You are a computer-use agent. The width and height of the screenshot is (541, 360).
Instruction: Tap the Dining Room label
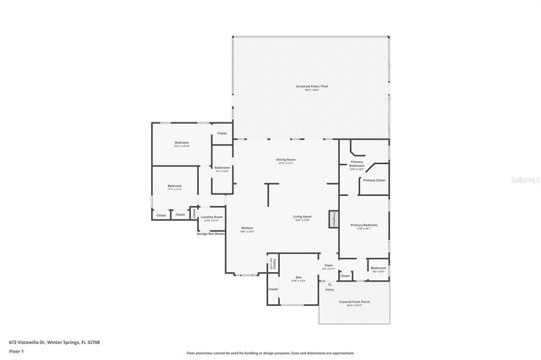pyautogui.click(x=286, y=161)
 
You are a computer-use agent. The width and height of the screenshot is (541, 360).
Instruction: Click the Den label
pyautogui.click(x=298, y=278)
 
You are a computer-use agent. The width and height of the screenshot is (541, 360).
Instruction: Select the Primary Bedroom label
pyautogui.click(x=363, y=226)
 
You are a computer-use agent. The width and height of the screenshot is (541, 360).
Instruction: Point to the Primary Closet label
pyautogui.click(x=374, y=180)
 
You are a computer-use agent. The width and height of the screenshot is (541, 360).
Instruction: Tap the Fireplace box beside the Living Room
pyautogui.click(x=332, y=218)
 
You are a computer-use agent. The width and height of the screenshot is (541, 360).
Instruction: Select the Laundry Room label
pyautogui.click(x=211, y=218)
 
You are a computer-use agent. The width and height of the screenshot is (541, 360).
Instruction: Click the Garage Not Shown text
pyautogui.click(x=210, y=233)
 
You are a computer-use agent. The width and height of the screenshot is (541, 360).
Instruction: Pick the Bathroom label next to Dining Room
pyautogui.click(x=221, y=168)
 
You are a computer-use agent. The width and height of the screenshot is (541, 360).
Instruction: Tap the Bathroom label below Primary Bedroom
pyautogui.click(x=378, y=270)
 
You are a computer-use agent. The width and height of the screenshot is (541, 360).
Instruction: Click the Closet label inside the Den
pyautogui.click(x=272, y=289)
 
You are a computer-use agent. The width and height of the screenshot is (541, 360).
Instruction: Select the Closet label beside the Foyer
pyautogui.click(x=345, y=275)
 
